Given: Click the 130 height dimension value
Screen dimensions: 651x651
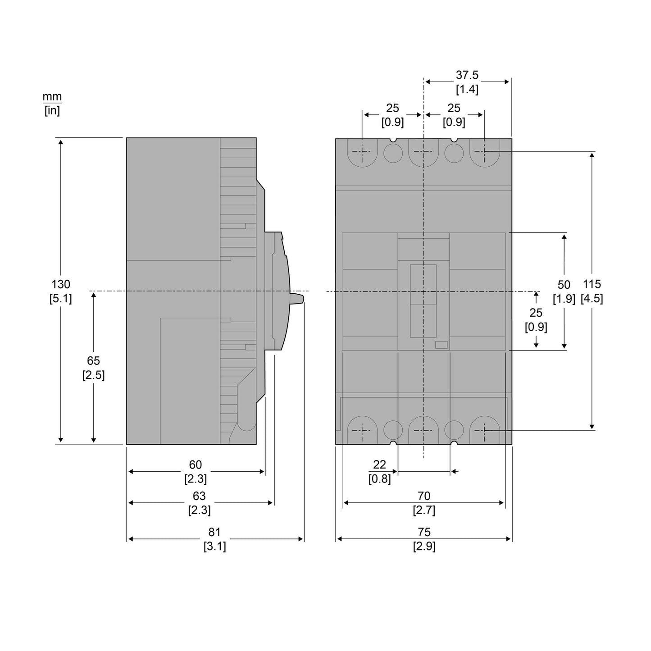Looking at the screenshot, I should click(x=60, y=284).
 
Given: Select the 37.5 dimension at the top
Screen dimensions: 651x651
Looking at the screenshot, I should click(x=467, y=75).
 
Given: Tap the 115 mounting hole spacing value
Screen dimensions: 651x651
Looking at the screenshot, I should click(x=592, y=284).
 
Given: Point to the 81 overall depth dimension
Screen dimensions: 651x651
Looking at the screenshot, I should click(x=214, y=532).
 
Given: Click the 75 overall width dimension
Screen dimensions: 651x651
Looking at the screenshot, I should click(x=424, y=532).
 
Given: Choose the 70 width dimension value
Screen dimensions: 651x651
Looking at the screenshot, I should click(x=424, y=496).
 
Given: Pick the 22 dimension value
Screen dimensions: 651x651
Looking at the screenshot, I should click(x=379, y=464).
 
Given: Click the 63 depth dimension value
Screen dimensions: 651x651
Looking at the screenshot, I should click(x=199, y=496).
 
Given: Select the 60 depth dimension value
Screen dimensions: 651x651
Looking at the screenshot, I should click(x=196, y=464).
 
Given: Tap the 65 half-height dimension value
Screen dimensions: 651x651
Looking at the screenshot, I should click(x=93, y=361).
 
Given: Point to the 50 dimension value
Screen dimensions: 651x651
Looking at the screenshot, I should click(x=564, y=285).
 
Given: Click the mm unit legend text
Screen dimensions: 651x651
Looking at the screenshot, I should click(x=52, y=96).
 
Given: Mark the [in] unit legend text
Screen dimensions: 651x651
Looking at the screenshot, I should click(x=52, y=110).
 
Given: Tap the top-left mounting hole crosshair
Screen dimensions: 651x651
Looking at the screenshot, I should click(x=362, y=151).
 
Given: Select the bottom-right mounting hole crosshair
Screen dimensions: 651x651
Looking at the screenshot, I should click(x=484, y=430).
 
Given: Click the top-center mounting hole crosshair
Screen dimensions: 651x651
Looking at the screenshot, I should click(x=423, y=151).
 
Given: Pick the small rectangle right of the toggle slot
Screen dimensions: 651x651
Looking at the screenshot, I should click(x=441, y=345).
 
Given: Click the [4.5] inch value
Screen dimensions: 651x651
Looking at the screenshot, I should click(x=592, y=298).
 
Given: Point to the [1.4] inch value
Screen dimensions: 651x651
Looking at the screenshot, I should click(x=467, y=89).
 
